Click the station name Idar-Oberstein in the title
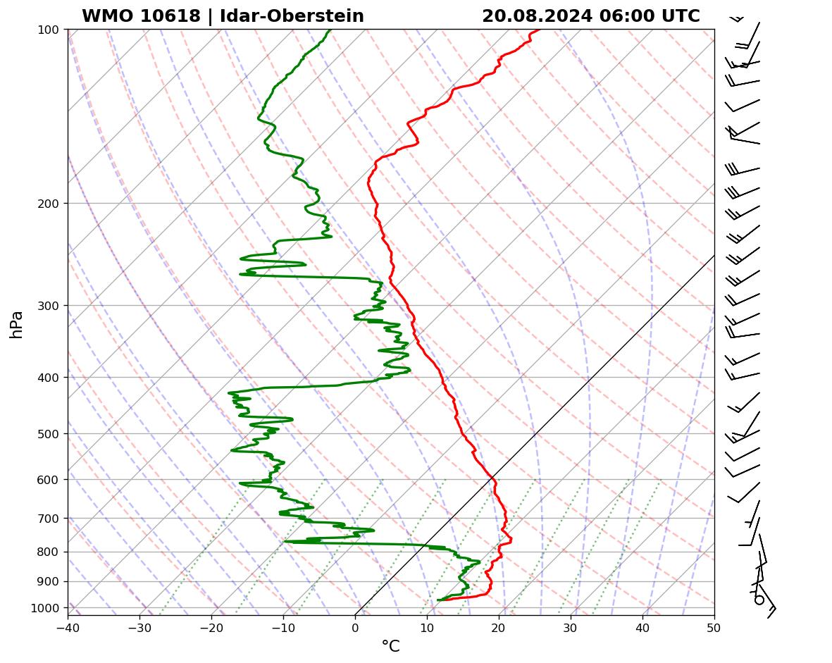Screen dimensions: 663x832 [292, 16]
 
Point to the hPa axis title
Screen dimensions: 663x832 [17, 324]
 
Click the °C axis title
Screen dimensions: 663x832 [390, 647]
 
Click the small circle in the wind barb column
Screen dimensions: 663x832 [759, 600]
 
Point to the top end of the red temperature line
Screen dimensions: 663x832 [540, 30]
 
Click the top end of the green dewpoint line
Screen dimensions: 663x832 [329, 30]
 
